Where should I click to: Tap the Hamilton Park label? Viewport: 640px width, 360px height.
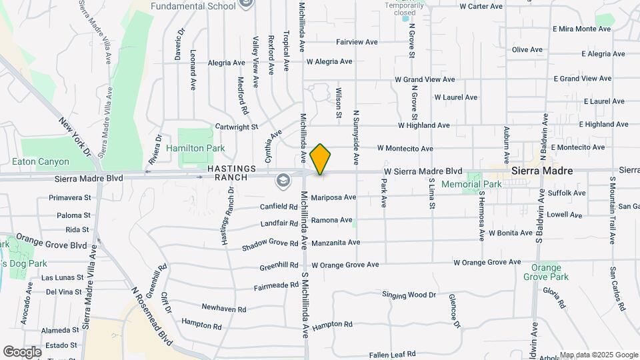[x=195, y=148]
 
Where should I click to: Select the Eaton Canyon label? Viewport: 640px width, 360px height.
[x=41, y=161]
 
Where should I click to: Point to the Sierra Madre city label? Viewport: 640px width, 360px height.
[x=542, y=171]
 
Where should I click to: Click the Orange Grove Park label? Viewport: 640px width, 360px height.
[x=546, y=272]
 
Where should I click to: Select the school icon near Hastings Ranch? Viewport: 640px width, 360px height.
[x=283, y=180]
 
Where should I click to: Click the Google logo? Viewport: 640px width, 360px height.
[x=22, y=351]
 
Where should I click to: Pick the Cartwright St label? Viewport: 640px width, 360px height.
[x=236, y=127]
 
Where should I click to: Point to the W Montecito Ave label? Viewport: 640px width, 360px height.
[x=405, y=148]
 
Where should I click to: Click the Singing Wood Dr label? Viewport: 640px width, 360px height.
[x=409, y=295]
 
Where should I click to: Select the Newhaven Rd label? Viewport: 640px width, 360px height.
[x=224, y=309]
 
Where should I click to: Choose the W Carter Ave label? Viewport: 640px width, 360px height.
[x=481, y=6]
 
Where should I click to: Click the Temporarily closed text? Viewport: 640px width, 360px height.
[x=404, y=9]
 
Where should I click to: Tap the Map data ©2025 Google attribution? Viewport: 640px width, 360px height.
[x=599, y=355]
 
